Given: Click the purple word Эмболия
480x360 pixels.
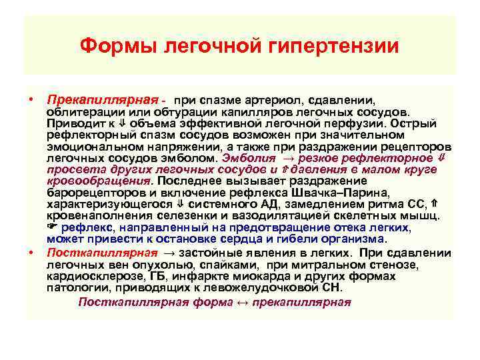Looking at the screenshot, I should [246, 159].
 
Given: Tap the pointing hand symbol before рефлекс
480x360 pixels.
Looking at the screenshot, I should [55, 228].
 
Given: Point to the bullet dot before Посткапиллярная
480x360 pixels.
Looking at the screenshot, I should [31, 253].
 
